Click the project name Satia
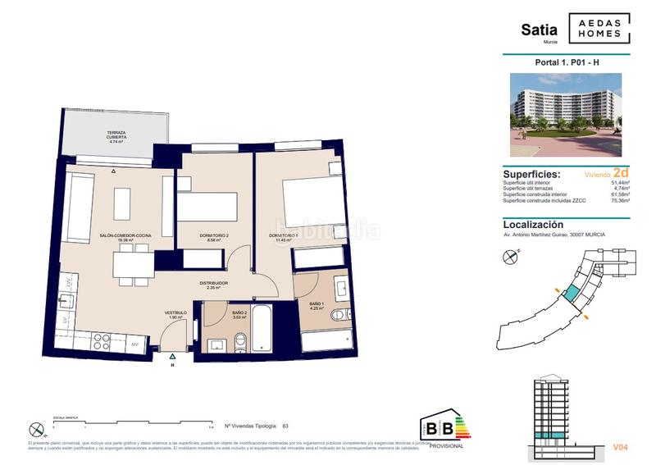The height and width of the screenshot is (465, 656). coord(540,30)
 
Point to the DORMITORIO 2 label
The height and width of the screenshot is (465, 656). coord(214,236)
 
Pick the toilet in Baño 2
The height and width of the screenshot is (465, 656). coord(239,343)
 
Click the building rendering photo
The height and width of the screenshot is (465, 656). coord(567,113)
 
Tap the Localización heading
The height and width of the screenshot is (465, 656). coord(533,224)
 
